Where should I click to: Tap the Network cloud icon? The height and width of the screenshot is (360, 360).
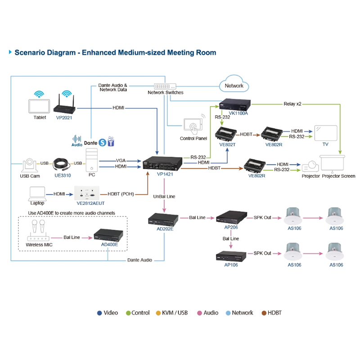(x=234, y=85)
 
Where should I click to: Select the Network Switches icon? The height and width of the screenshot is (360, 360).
(x=165, y=86)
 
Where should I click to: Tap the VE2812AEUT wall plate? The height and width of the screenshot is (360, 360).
(x=86, y=193)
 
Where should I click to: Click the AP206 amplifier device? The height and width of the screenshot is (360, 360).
(x=231, y=217)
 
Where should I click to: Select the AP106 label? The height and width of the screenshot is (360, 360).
(x=231, y=265)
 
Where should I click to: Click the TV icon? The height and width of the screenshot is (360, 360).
(x=325, y=133)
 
